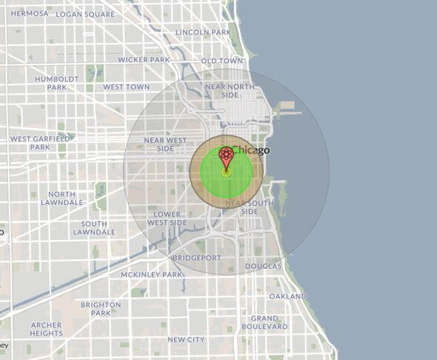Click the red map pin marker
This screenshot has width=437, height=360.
[227, 156]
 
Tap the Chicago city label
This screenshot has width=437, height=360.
[251, 150]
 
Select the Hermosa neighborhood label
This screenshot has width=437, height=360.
[30, 13]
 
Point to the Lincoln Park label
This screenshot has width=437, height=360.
[203, 32]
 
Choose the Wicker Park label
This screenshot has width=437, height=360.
[144, 59]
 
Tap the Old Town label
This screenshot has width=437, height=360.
[222, 60]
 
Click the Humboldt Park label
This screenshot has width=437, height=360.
[57, 82]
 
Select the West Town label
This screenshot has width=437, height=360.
[126, 87]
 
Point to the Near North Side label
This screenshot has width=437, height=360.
[230, 91]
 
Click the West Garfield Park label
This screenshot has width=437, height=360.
[40, 142]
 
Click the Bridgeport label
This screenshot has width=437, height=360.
[196, 258]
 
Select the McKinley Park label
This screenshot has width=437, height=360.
[151, 274]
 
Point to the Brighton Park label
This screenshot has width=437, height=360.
[101, 308]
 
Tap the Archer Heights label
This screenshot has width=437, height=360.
[47, 329]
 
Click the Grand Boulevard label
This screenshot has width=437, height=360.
[264, 321]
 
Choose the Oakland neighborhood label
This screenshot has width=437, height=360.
[287, 296]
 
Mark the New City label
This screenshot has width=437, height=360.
[186, 339]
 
